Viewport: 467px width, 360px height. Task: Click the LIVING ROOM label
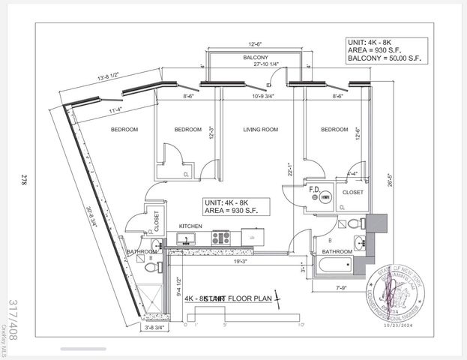tap(260, 130)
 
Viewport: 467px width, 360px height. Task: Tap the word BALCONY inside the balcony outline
tap(256, 58)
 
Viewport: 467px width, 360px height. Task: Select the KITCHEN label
tap(190, 226)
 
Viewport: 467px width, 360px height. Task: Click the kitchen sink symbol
tap(186, 238)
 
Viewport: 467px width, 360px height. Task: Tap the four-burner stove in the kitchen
tap(221, 238)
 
